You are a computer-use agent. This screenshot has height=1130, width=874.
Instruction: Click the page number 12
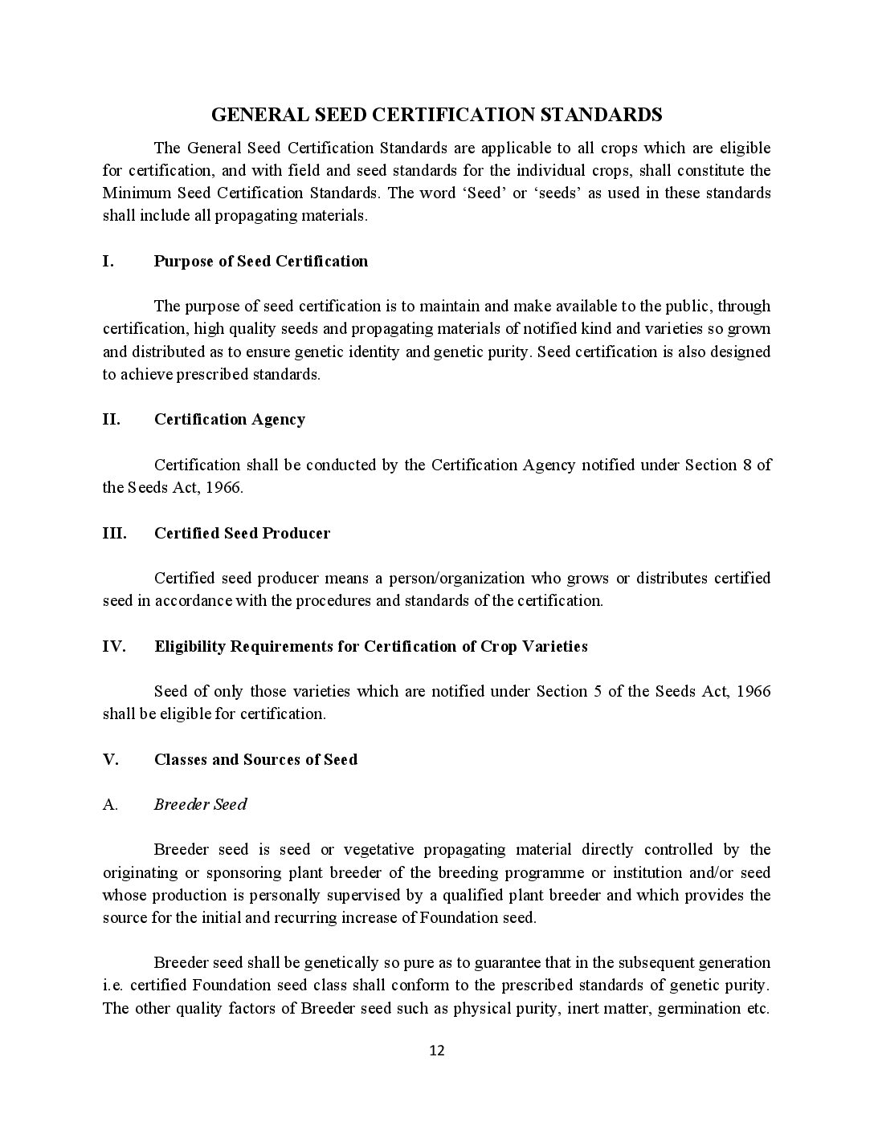tap(437, 1051)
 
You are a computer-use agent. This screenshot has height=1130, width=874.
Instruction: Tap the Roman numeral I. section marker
tap(108, 261)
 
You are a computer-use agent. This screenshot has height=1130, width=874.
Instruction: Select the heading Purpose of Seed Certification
tap(261, 261)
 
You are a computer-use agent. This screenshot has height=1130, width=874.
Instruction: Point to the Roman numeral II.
tap(111, 419)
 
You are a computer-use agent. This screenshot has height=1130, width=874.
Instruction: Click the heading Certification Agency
tap(230, 419)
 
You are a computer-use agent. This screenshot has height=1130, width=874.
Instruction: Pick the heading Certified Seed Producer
tap(242, 533)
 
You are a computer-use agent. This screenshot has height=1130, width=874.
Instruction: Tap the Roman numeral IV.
tap(114, 646)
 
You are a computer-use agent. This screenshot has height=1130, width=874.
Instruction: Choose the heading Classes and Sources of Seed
tap(255, 759)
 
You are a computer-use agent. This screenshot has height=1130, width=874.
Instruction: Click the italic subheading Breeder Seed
tap(200, 804)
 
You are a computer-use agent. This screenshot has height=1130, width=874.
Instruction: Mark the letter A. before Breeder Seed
tap(110, 804)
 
